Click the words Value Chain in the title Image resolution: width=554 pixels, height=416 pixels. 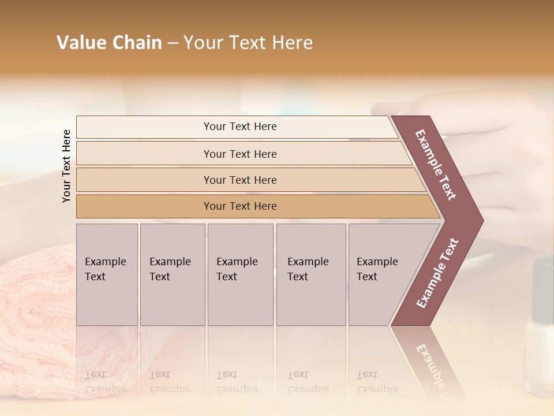coord(109,43)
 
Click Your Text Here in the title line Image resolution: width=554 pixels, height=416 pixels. coord(248,43)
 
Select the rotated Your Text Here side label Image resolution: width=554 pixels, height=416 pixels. coord(66,166)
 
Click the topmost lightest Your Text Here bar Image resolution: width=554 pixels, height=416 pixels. coord(239,127)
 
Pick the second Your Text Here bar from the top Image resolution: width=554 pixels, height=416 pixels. coord(239,154)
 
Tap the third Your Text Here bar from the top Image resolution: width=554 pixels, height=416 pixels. coord(239,180)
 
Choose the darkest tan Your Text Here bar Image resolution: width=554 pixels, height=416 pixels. coord(239,206)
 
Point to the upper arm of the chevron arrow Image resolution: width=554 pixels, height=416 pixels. coord(436,165)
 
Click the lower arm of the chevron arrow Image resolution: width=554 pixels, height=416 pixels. coord(436,274)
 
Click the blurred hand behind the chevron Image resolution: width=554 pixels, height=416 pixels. coord(508,150)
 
